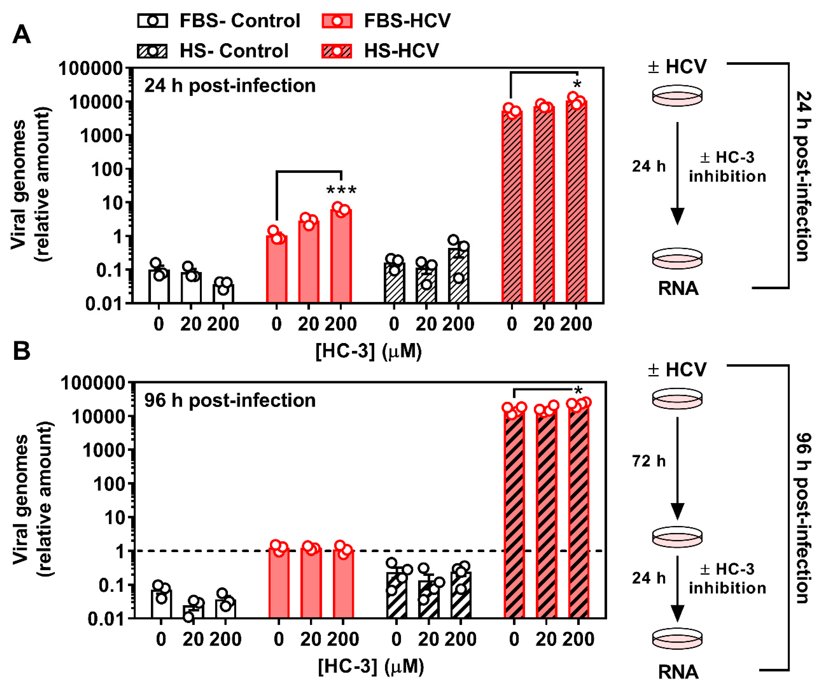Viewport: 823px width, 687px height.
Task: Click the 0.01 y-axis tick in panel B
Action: (105, 619)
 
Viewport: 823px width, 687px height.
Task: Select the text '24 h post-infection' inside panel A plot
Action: (230, 85)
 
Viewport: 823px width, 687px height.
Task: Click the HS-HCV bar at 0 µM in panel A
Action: (512, 208)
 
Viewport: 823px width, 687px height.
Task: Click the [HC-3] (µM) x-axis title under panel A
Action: (368, 351)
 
